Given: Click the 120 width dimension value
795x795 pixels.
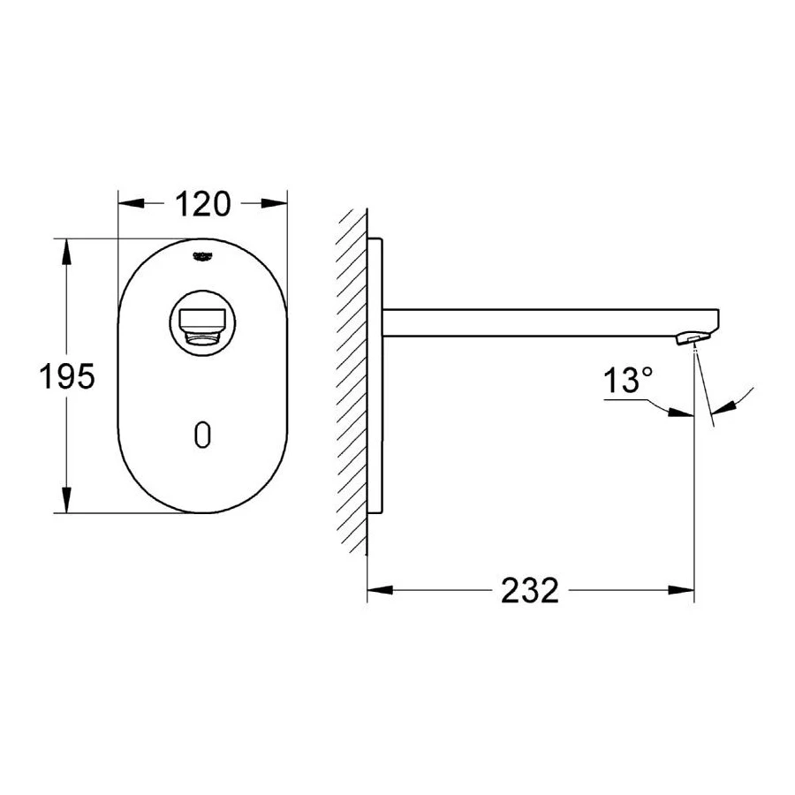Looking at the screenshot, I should tap(202, 204).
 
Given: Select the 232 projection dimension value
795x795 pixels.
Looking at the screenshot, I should tap(530, 590).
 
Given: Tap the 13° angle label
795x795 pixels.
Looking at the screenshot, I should tap(629, 382).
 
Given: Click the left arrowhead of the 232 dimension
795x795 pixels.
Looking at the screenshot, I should tap(379, 590).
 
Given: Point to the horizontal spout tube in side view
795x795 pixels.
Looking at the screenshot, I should tap(548, 322).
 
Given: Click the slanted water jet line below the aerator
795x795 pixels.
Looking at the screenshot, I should tap(703, 389).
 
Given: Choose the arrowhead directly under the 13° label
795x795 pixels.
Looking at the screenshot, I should tap(681, 410).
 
